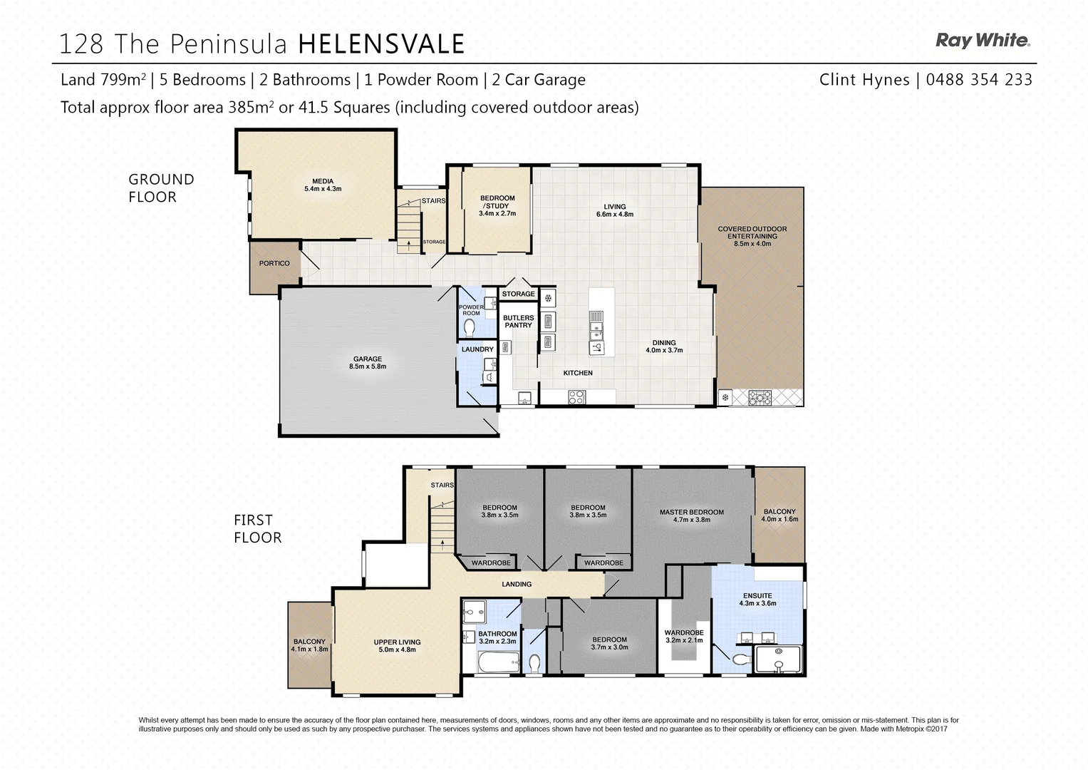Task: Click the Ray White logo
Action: (x=983, y=41)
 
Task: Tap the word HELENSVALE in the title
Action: (x=381, y=44)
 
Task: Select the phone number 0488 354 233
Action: (x=979, y=80)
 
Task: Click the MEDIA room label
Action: (x=323, y=185)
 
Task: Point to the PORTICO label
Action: (x=274, y=263)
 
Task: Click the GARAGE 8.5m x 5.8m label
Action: (x=368, y=363)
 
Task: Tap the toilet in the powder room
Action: (x=470, y=327)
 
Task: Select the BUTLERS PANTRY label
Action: (x=518, y=322)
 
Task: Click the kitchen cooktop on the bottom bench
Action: (x=576, y=397)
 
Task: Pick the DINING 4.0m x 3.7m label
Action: (x=664, y=346)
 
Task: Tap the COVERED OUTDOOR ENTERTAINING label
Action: (x=752, y=236)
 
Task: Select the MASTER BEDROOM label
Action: (x=691, y=515)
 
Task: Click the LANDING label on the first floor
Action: (x=517, y=584)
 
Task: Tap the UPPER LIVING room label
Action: (x=397, y=646)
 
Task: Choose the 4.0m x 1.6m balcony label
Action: (x=779, y=515)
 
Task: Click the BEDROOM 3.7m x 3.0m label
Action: (x=609, y=643)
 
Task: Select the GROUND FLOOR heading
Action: (x=161, y=188)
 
